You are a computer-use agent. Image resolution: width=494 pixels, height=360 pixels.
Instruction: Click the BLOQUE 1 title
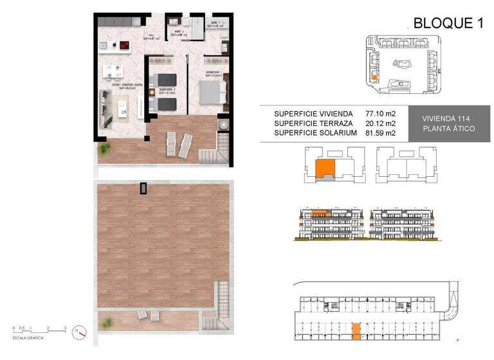[448, 23]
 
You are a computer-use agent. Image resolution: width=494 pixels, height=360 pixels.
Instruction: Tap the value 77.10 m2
[381, 113]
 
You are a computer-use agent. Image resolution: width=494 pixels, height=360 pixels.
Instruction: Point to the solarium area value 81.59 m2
[381, 133]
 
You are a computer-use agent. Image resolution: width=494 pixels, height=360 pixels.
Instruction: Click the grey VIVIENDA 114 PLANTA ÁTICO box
[448, 123]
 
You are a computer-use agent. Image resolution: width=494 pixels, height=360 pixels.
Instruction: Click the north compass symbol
[79, 332]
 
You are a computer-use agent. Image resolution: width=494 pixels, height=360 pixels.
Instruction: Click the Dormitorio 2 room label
[168, 92]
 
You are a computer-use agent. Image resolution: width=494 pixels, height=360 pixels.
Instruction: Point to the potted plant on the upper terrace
[103, 150]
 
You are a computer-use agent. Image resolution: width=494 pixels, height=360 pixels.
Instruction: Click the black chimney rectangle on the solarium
[143, 188]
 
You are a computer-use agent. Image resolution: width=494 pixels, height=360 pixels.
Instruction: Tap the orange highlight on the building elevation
[320, 213]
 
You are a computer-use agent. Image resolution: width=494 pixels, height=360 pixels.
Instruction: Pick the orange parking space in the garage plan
[356, 330]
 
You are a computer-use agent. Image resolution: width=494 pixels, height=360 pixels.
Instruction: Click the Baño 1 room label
[216, 24]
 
